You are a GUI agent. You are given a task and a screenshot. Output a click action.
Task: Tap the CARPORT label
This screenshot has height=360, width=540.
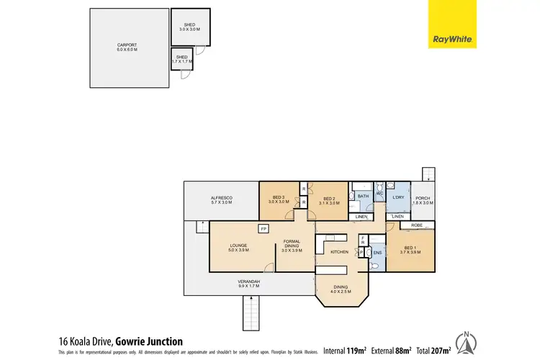[127, 48]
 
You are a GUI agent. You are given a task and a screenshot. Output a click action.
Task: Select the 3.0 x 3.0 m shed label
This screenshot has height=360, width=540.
[190, 27]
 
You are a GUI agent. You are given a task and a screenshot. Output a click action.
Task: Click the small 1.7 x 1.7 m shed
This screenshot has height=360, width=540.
[181, 59]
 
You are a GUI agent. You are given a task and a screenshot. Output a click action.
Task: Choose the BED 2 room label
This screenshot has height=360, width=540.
[330, 201]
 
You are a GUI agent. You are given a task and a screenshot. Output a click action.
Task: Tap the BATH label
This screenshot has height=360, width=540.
[364, 196]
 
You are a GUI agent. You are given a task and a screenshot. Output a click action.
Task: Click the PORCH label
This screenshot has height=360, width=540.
[423, 201]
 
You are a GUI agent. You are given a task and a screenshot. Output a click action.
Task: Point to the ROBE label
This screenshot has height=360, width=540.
[416, 225]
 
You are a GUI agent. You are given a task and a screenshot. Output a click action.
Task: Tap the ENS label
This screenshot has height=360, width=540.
[377, 253]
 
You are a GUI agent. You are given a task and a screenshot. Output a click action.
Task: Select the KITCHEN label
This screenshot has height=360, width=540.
[339, 252]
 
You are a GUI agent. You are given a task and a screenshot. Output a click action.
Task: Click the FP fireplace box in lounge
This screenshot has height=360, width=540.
[264, 229]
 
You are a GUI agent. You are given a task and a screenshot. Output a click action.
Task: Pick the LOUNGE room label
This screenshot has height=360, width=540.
[239, 247]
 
